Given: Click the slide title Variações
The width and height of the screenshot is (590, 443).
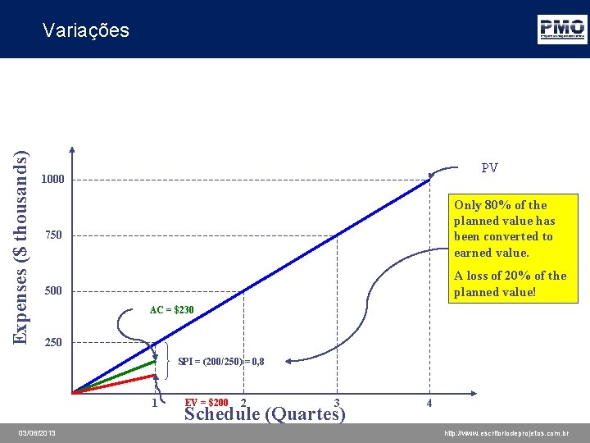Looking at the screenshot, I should click(85, 30).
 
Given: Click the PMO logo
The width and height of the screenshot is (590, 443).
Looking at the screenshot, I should click(561, 29).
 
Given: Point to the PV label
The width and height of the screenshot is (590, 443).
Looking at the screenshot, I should click(489, 168).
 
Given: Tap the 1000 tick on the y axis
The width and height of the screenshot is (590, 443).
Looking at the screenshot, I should click(53, 180).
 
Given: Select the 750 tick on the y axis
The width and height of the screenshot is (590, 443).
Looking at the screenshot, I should click(53, 235).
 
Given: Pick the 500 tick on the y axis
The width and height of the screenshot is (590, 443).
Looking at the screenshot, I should click(53, 291).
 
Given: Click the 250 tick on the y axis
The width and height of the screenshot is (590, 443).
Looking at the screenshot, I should click(53, 342).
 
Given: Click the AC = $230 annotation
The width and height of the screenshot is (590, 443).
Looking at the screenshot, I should click(171, 310).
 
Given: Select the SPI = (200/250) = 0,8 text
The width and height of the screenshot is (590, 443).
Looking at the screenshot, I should click(220, 361).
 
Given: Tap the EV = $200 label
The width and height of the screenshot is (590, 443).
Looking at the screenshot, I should click(206, 402).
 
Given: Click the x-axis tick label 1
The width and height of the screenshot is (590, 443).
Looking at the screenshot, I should click(155, 403).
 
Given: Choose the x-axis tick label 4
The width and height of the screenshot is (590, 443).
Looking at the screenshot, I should click(429, 403).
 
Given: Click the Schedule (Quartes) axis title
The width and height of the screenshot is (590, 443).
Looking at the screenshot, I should click(265, 413).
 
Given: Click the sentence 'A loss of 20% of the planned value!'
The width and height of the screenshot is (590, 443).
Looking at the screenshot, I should click(510, 284).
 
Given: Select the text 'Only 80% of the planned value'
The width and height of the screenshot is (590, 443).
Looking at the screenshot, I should click(504, 212).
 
